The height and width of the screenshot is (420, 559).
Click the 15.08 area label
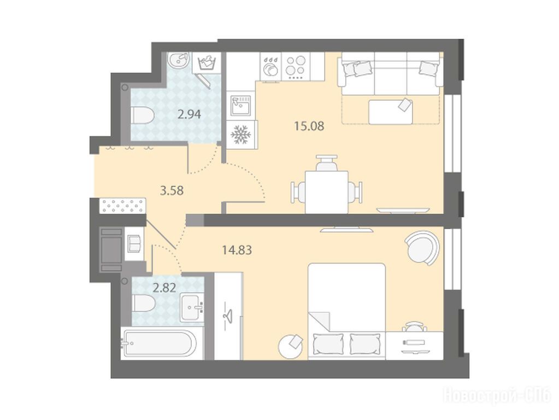[x=309, y=126]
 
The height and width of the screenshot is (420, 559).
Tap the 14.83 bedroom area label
[x=237, y=250]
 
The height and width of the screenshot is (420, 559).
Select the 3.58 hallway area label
[x=172, y=190]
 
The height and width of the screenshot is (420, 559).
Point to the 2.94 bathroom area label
[x=189, y=114]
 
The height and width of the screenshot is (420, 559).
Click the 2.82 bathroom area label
[x=164, y=288]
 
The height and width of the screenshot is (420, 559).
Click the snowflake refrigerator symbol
[x=242, y=135]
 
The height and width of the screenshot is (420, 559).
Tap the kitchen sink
[x=241, y=105]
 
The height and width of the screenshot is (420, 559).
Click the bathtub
[x=159, y=343]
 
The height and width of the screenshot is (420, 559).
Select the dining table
[x=326, y=192]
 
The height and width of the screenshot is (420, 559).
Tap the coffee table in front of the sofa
[x=391, y=112]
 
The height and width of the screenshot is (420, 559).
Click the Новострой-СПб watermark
[x=497, y=396]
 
